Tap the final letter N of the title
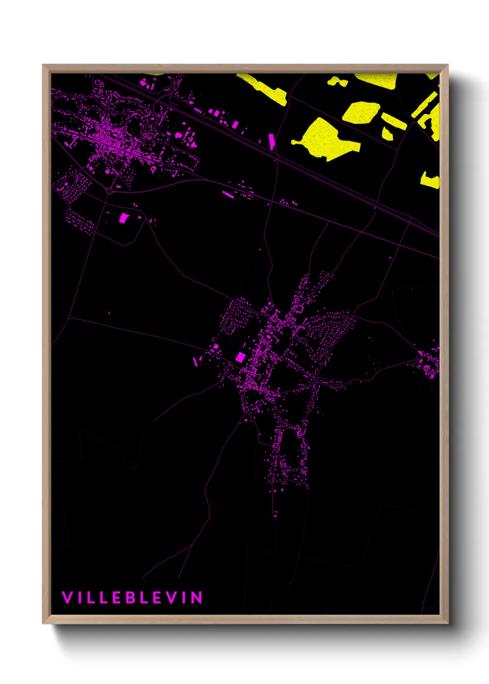click(197, 598)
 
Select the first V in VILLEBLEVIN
click(67, 598)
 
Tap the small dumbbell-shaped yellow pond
click(338, 82)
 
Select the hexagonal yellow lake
click(361, 112)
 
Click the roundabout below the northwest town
click(109, 191)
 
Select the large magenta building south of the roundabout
click(123, 218)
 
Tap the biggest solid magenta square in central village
click(240, 357)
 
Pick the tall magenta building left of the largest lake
click(272, 141)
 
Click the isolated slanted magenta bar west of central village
click(196, 361)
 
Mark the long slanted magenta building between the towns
click(228, 195)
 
